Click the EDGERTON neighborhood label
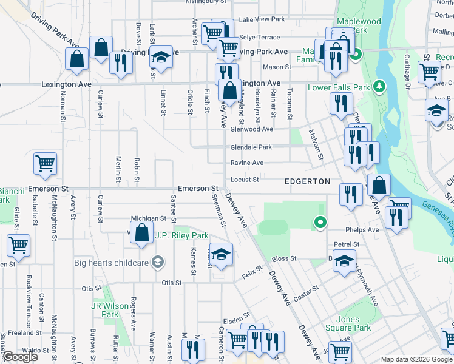coord(308,181)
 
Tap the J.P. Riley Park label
coord(181,235)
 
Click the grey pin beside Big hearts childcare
coord(158,262)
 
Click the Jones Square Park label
coord(353,323)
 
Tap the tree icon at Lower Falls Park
coord(380,87)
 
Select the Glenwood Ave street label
coord(251,129)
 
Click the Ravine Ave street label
coord(247,163)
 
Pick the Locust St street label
coord(245,180)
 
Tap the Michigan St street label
coord(149,218)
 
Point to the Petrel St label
coord(347,244)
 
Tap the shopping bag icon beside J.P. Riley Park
coord(141,233)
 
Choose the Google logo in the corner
coord(20,357)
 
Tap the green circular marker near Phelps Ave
coord(320,223)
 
